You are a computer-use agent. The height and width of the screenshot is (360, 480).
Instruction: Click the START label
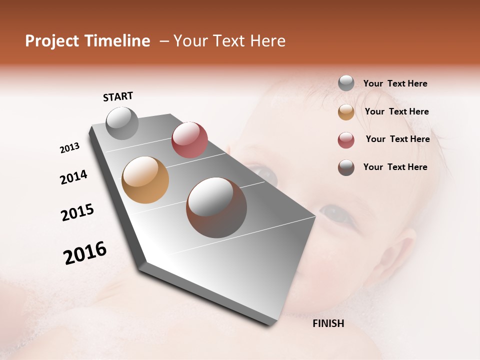pyautogui.click(x=118, y=96)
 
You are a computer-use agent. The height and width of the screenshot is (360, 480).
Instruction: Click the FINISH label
pyautogui.click(x=328, y=323)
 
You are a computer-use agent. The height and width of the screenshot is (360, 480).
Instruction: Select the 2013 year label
pyautogui.click(x=70, y=148)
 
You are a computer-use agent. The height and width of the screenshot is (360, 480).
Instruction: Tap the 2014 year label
pyautogui.click(x=74, y=177)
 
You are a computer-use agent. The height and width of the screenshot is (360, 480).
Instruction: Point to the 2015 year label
pyautogui.click(x=77, y=212)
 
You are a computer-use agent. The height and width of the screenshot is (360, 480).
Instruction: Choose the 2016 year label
pyautogui.click(x=85, y=253)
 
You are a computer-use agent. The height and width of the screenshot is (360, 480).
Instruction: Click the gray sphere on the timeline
pyautogui.click(x=122, y=123)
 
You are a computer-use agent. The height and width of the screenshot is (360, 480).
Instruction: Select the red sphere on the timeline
pyautogui.click(x=189, y=140)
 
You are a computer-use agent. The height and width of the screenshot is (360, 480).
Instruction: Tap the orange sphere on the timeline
pyautogui.click(x=145, y=180)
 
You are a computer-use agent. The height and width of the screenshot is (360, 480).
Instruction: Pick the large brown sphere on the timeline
pyautogui.click(x=216, y=207)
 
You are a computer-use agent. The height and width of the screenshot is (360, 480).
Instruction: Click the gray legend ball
pyautogui.click(x=346, y=83)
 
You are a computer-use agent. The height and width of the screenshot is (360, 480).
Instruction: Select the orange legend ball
pyautogui.click(x=346, y=112)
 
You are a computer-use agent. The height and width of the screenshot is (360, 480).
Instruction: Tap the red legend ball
pyautogui.click(x=346, y=140)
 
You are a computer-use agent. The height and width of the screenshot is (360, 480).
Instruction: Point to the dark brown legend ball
pyautogui.click(x=346, y=167)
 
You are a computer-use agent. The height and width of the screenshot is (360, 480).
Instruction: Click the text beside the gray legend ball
pyautogui.click(x=395, y=83)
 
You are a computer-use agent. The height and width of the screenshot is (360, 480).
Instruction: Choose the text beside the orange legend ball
pyautogui.click(x=396, y=111)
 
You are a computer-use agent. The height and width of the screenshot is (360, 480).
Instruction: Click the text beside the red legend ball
pyautogui.click(x=397, y=139)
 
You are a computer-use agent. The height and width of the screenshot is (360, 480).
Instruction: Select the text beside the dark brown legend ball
pyautogui.click(x=395, y=167)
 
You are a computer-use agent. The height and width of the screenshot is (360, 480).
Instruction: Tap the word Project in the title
pyautogui.click(x=51, y=41)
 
